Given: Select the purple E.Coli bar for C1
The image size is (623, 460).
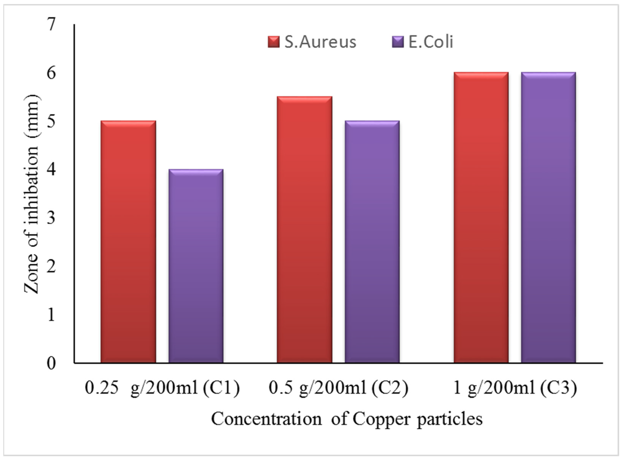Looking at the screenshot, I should click(196, 266).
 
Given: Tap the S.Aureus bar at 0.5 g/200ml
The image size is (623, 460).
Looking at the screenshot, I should click(304, 230).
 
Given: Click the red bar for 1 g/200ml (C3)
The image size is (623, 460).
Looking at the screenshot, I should click(481, 217).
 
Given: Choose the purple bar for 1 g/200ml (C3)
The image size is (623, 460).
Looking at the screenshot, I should click(548, 217).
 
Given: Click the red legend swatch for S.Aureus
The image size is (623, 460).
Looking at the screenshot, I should click(274, 42).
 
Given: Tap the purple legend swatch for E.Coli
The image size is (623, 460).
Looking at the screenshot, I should click(398, 42).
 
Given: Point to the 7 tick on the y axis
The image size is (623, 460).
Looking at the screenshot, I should click(52, 25).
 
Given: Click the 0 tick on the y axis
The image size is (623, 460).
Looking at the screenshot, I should click(52, 363).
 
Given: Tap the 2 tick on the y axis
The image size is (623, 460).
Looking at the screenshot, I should click(52, 267).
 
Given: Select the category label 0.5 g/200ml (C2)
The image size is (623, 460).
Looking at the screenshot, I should click(338, 388).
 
